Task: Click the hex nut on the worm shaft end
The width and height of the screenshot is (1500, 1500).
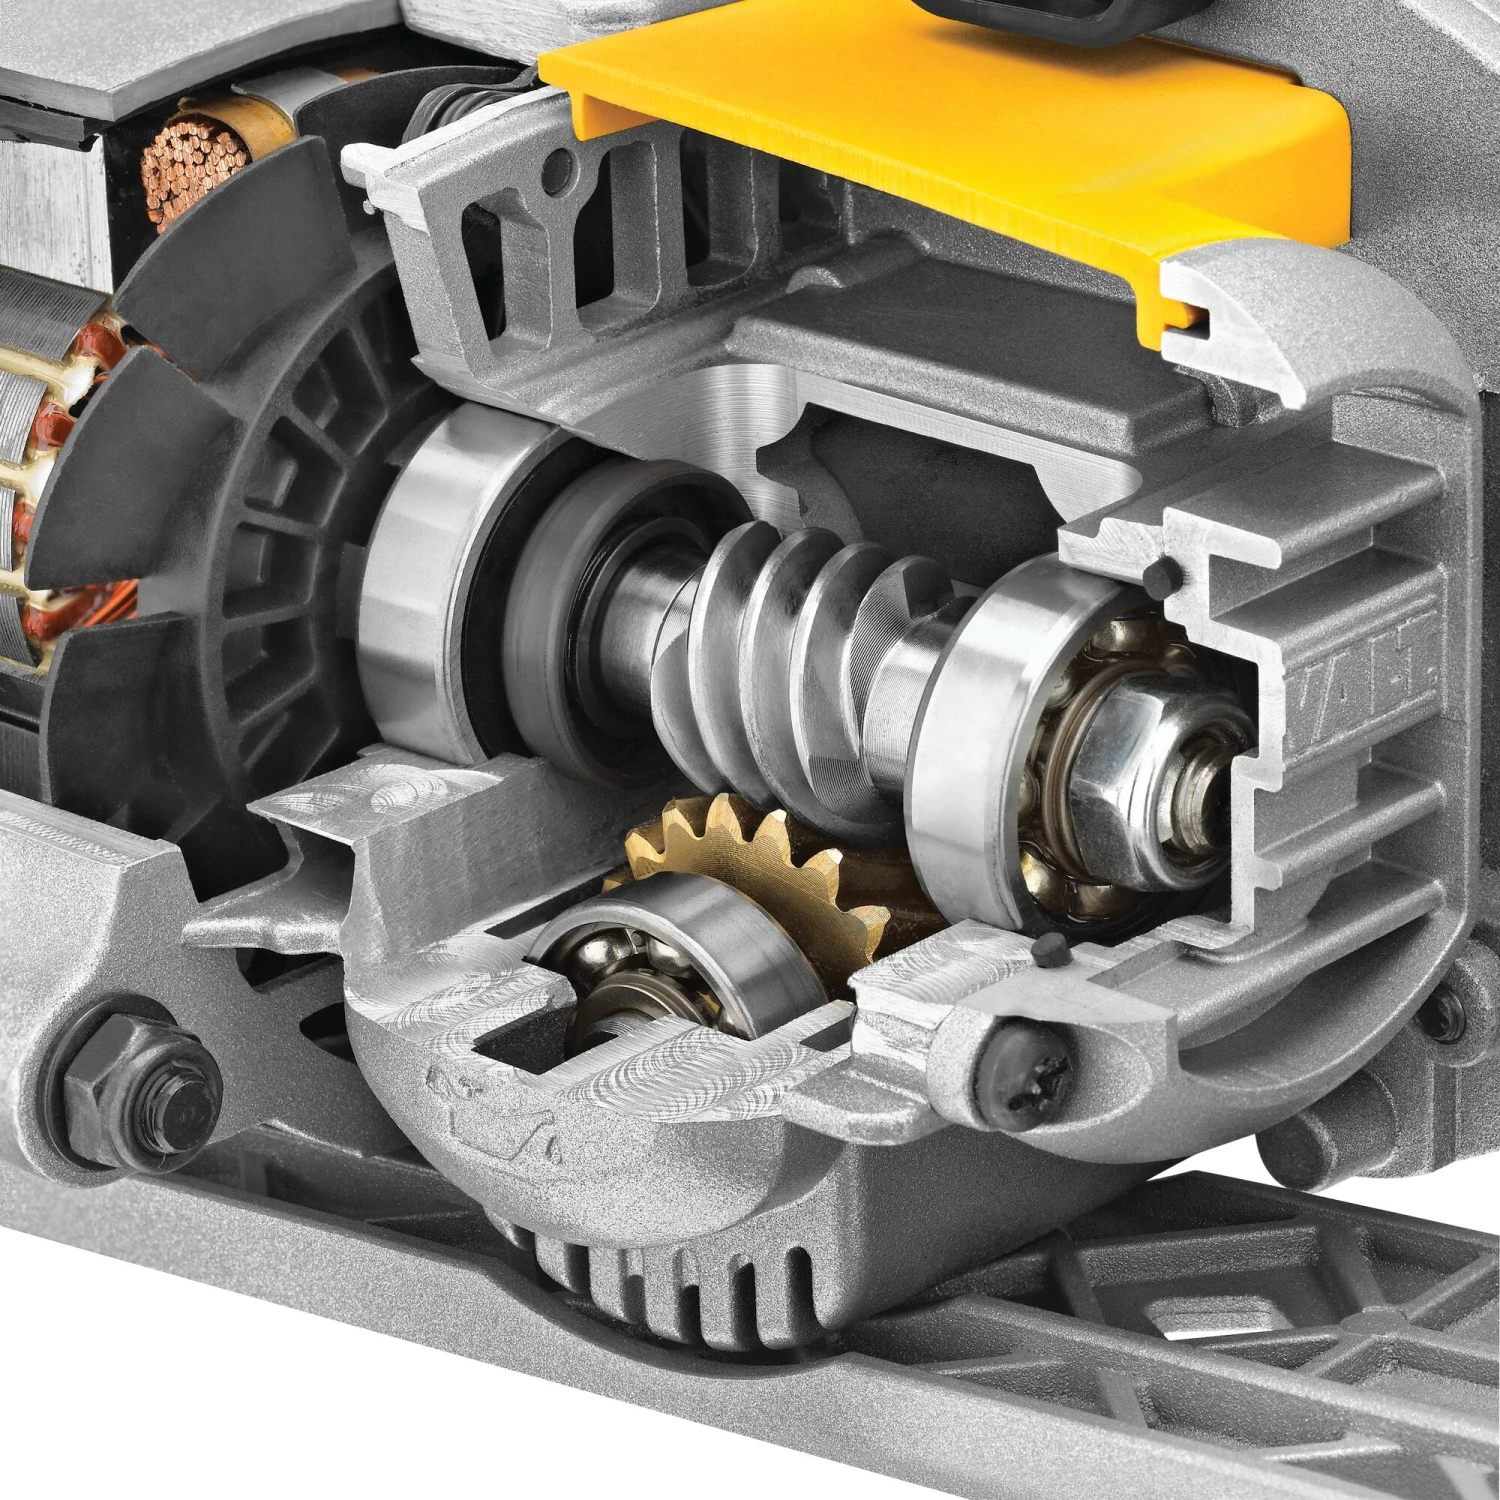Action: (1120, 730)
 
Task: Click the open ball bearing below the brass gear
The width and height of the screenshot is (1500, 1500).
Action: (640, 960)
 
